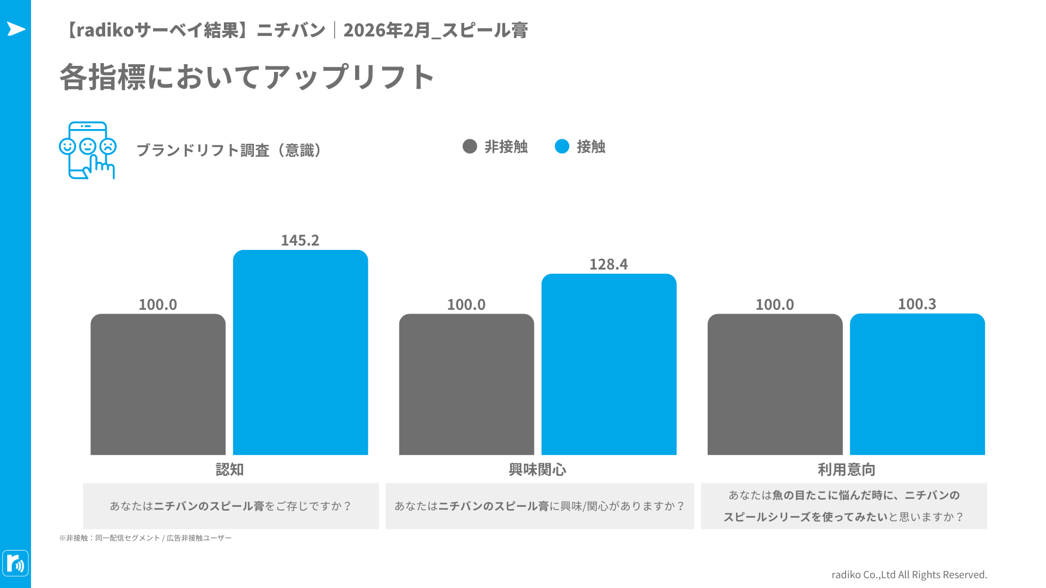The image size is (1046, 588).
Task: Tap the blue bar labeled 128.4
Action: point(609,364)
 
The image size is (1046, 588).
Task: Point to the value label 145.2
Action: point(300,240)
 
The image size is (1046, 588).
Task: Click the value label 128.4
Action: point(609,264)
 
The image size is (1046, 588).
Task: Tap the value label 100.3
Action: point(917,304)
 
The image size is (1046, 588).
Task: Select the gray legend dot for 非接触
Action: point(470,146)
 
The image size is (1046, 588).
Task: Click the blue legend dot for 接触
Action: point(562,146)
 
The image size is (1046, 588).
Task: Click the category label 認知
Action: point(229,469)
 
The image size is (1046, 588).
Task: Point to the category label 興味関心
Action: point(538,469)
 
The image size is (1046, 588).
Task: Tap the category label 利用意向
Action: point(846,469)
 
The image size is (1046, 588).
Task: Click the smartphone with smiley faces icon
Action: point(87,150)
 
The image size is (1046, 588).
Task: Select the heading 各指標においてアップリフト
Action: point(247,77)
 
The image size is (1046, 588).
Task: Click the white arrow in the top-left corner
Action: point(16,29)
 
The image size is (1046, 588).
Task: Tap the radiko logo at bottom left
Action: point(16,563)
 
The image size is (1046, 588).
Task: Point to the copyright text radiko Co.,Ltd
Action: point(909,574)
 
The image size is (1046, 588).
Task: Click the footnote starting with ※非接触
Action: point(145,538)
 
